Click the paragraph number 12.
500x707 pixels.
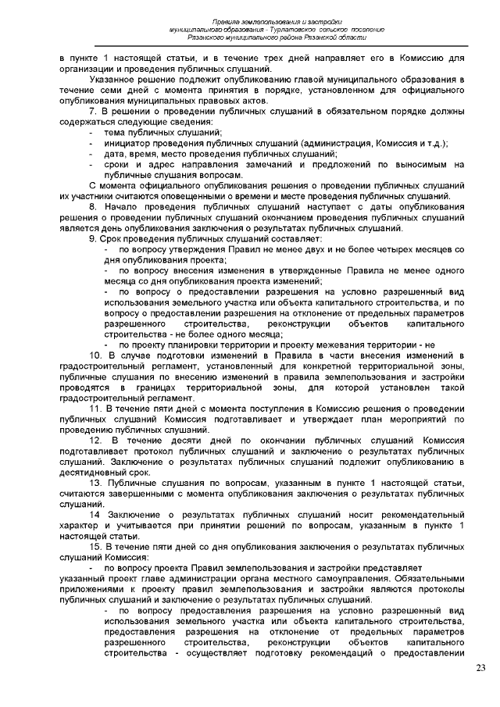(94, 440)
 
